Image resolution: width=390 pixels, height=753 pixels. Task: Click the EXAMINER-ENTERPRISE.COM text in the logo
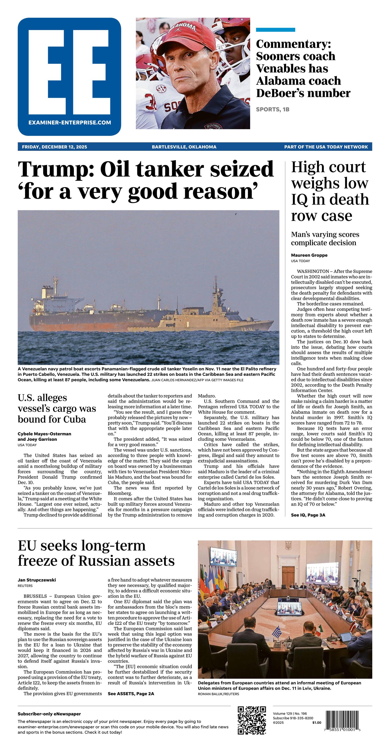pos(70,123)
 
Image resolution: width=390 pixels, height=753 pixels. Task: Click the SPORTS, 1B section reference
pos(272,109)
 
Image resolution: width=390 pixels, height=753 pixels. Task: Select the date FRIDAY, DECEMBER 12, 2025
pos(54,147)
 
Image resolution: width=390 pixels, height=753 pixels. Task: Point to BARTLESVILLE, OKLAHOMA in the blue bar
pos(184,147)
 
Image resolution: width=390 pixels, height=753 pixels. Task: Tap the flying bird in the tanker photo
pos(235,214)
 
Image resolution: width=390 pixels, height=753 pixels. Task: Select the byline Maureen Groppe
pos(309,255)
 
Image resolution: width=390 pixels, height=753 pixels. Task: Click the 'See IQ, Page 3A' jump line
pos(308,523)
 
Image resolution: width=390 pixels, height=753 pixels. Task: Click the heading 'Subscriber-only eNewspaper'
pos(49,714)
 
